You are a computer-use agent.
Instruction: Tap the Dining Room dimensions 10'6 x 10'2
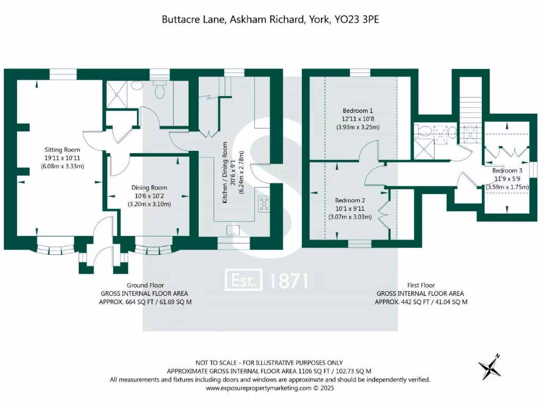click(x=149, y=195)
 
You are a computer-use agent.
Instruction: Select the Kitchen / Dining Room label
click(x=225, y=172)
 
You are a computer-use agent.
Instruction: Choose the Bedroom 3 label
click(x=507, y=171)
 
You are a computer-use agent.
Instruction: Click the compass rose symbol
click(x=489, y=367)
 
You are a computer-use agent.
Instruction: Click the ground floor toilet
click(x=159, y=91)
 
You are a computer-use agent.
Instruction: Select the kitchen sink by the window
click(x=232, y=229)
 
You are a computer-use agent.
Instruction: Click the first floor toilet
click(x=423, y=131)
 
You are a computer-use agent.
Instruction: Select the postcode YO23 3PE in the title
click(x=356, y=20)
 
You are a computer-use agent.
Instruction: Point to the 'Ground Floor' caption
click(x=145, y=285)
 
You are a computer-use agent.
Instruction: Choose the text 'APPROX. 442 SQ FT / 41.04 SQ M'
click(x=421, y=302)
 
